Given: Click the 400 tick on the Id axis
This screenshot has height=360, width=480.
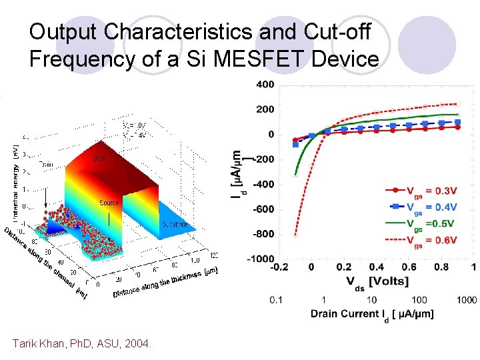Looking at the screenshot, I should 265,85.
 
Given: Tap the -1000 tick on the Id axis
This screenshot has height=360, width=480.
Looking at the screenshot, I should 261,259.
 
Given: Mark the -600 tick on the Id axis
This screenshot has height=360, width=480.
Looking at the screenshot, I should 263,209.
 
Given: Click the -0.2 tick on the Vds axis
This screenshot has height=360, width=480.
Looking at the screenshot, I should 279,268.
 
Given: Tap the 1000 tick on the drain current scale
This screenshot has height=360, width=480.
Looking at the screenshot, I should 466,301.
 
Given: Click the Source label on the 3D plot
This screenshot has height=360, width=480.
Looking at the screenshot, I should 109,203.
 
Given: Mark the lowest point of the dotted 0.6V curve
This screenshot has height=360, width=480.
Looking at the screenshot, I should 295,235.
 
